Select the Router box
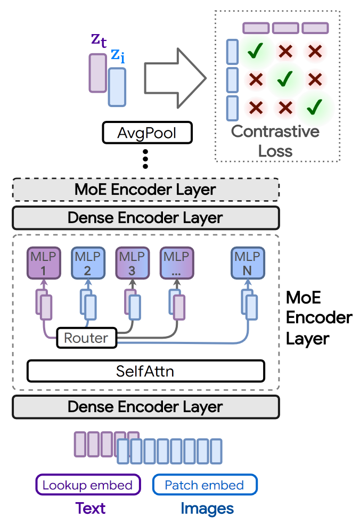[x=86, y=338]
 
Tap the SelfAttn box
[x=145, y=371]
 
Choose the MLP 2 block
[x=87, y=263]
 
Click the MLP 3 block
[x=132, y=263]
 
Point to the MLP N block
[x=248, y=263]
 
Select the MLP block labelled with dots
[x=176, y=263]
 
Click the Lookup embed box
[x=88, y=485]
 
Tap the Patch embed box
[x=204, y=485]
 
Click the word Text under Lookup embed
[x=91, y=508]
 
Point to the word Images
[x=207, y=509]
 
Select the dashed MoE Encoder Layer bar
[x=145, y=190]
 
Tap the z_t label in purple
[x=99, y=40]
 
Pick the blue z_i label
[x=118, y=55]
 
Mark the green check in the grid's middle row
[x=285, y=79]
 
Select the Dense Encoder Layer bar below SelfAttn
[x=145, y=407]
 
